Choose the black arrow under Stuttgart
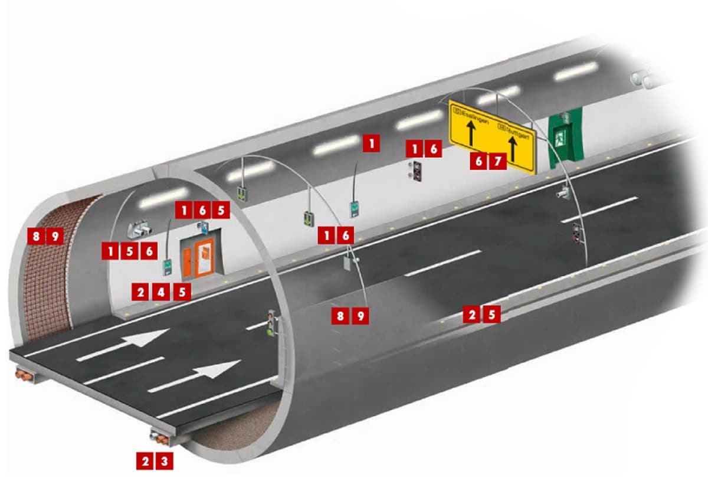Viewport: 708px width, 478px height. [513, 150]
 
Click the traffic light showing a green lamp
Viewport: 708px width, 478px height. [271, 323]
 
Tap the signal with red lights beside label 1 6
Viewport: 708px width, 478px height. [417, 170]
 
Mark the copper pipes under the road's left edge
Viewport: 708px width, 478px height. [25, 374]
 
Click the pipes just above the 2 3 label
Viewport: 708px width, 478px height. [159, 438]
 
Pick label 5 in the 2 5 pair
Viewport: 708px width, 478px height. [491, 315]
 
